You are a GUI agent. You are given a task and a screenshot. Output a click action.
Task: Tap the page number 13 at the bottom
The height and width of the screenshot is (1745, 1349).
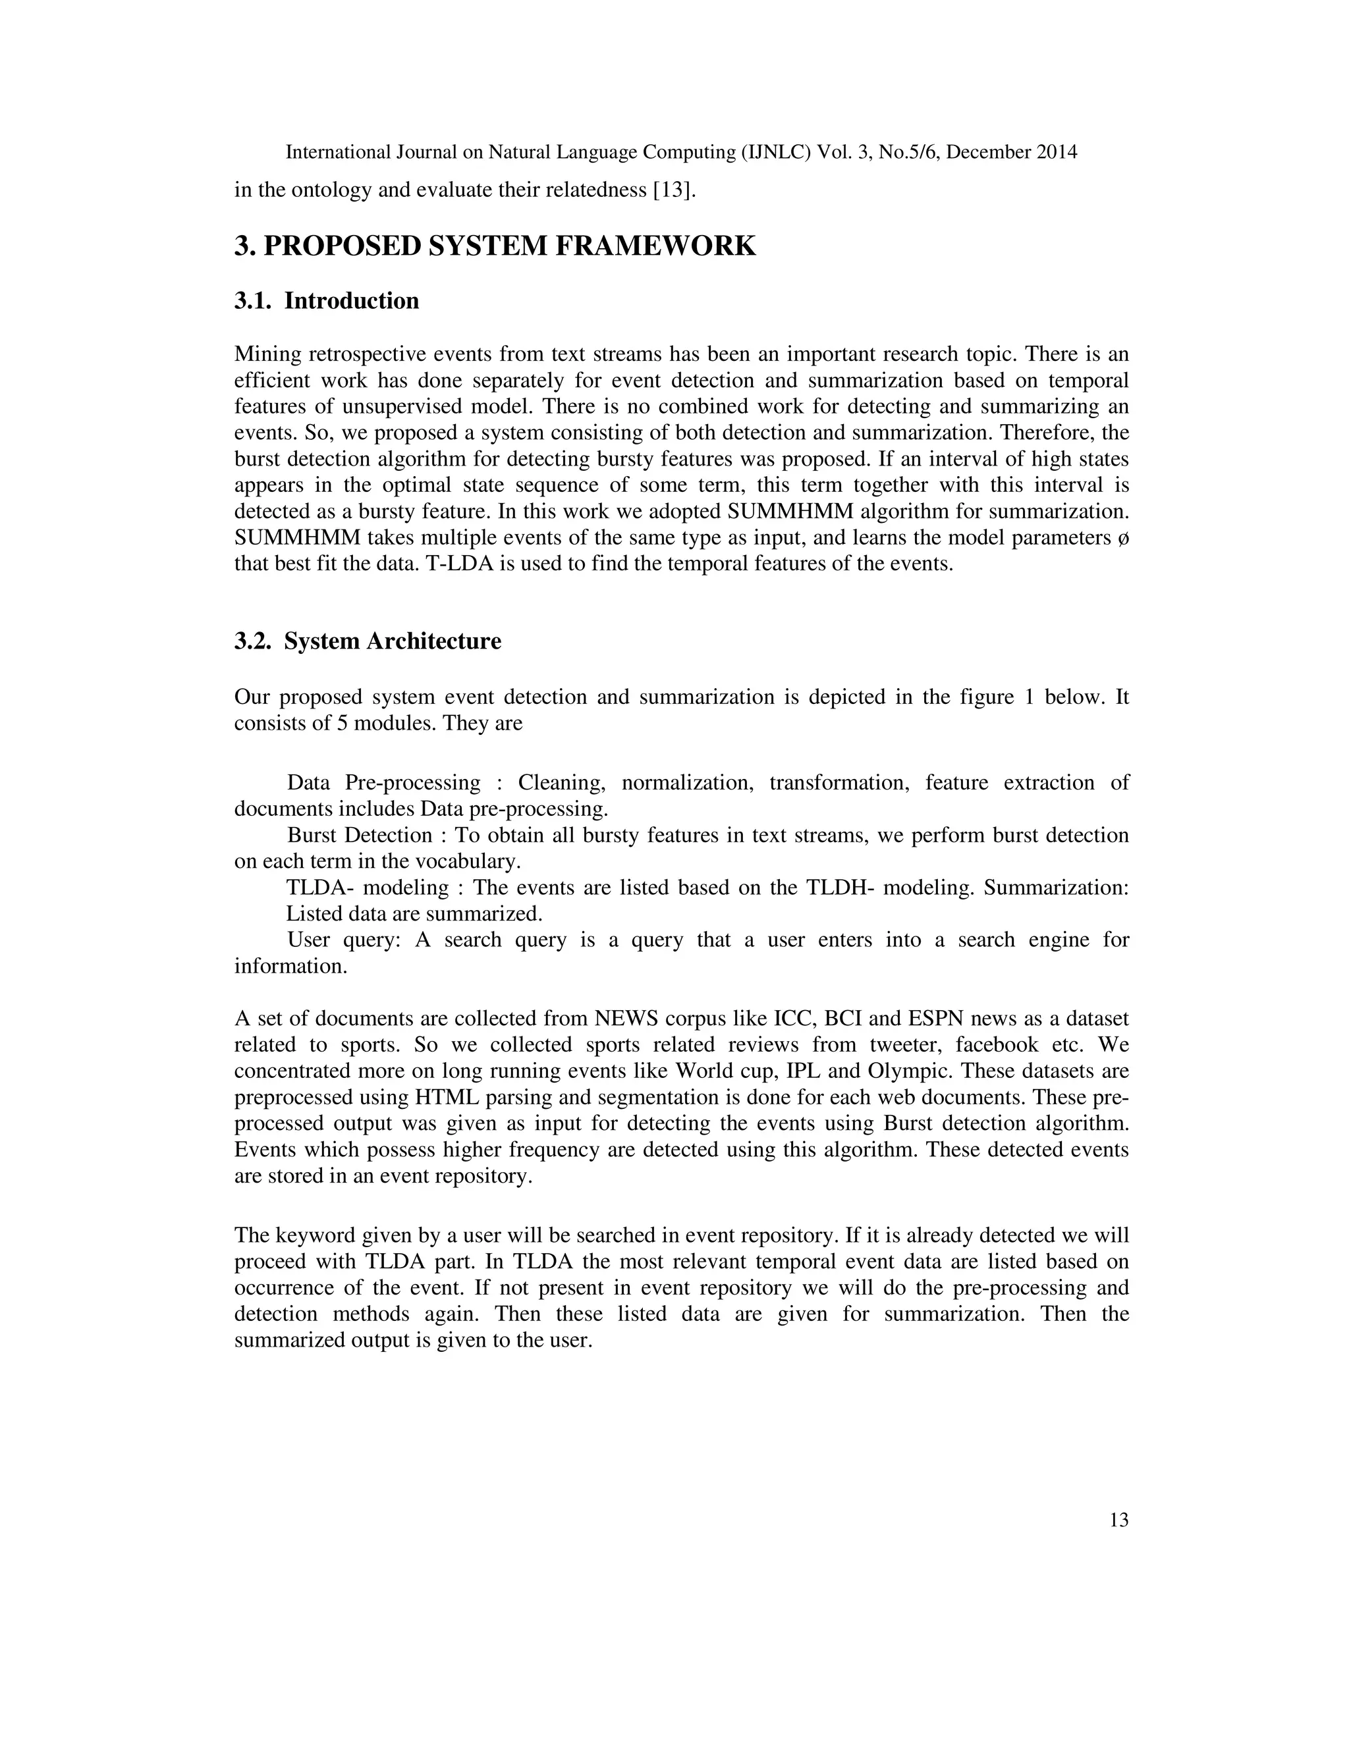(1119, 1520)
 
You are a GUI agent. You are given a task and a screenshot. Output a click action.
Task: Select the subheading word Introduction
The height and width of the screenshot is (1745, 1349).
(352, 301)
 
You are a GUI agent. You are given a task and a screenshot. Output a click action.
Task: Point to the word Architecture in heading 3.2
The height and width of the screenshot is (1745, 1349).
(434, 641)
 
